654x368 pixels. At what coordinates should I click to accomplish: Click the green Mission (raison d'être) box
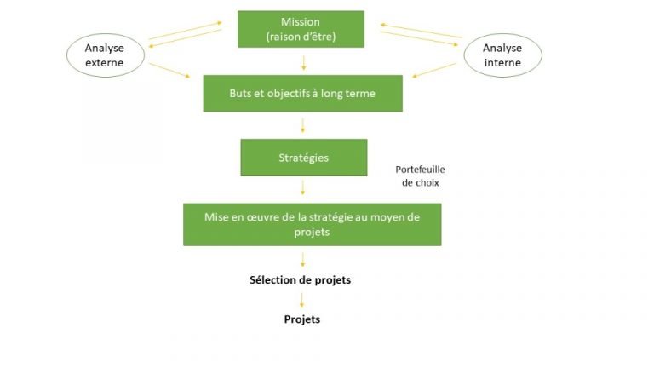[x=301, y=29]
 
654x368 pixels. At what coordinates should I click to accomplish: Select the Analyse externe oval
[x=105, y=55]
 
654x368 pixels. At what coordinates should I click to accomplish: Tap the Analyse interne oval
[x=502, y=55]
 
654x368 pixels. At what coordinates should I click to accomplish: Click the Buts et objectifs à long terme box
[x=302, y=93]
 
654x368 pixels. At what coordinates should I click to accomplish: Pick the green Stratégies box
[x=303, y=158]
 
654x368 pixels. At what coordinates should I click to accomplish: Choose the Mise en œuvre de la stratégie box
[x=312, y=224]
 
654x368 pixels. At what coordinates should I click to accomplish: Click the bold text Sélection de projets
[x=300, y=279]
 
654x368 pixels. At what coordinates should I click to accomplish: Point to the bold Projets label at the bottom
[x=302, y=319]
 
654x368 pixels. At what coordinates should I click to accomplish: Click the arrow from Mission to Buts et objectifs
[x=303, y=62]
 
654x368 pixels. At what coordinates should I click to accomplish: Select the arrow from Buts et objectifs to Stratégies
[x=303, y=125]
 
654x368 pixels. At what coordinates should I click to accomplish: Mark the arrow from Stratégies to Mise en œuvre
[x=303, y=187]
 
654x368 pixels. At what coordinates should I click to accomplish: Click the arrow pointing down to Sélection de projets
[x=303, y=259]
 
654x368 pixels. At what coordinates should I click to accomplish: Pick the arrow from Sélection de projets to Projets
[x=301, y=300]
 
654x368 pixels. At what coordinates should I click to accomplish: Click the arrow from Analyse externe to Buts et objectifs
[x=169, y=70]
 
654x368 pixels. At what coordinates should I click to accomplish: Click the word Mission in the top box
[x=301, y=21]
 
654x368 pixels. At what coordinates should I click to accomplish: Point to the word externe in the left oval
[x=104, y=62]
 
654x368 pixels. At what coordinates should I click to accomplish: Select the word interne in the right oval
[x=502, y=62]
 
